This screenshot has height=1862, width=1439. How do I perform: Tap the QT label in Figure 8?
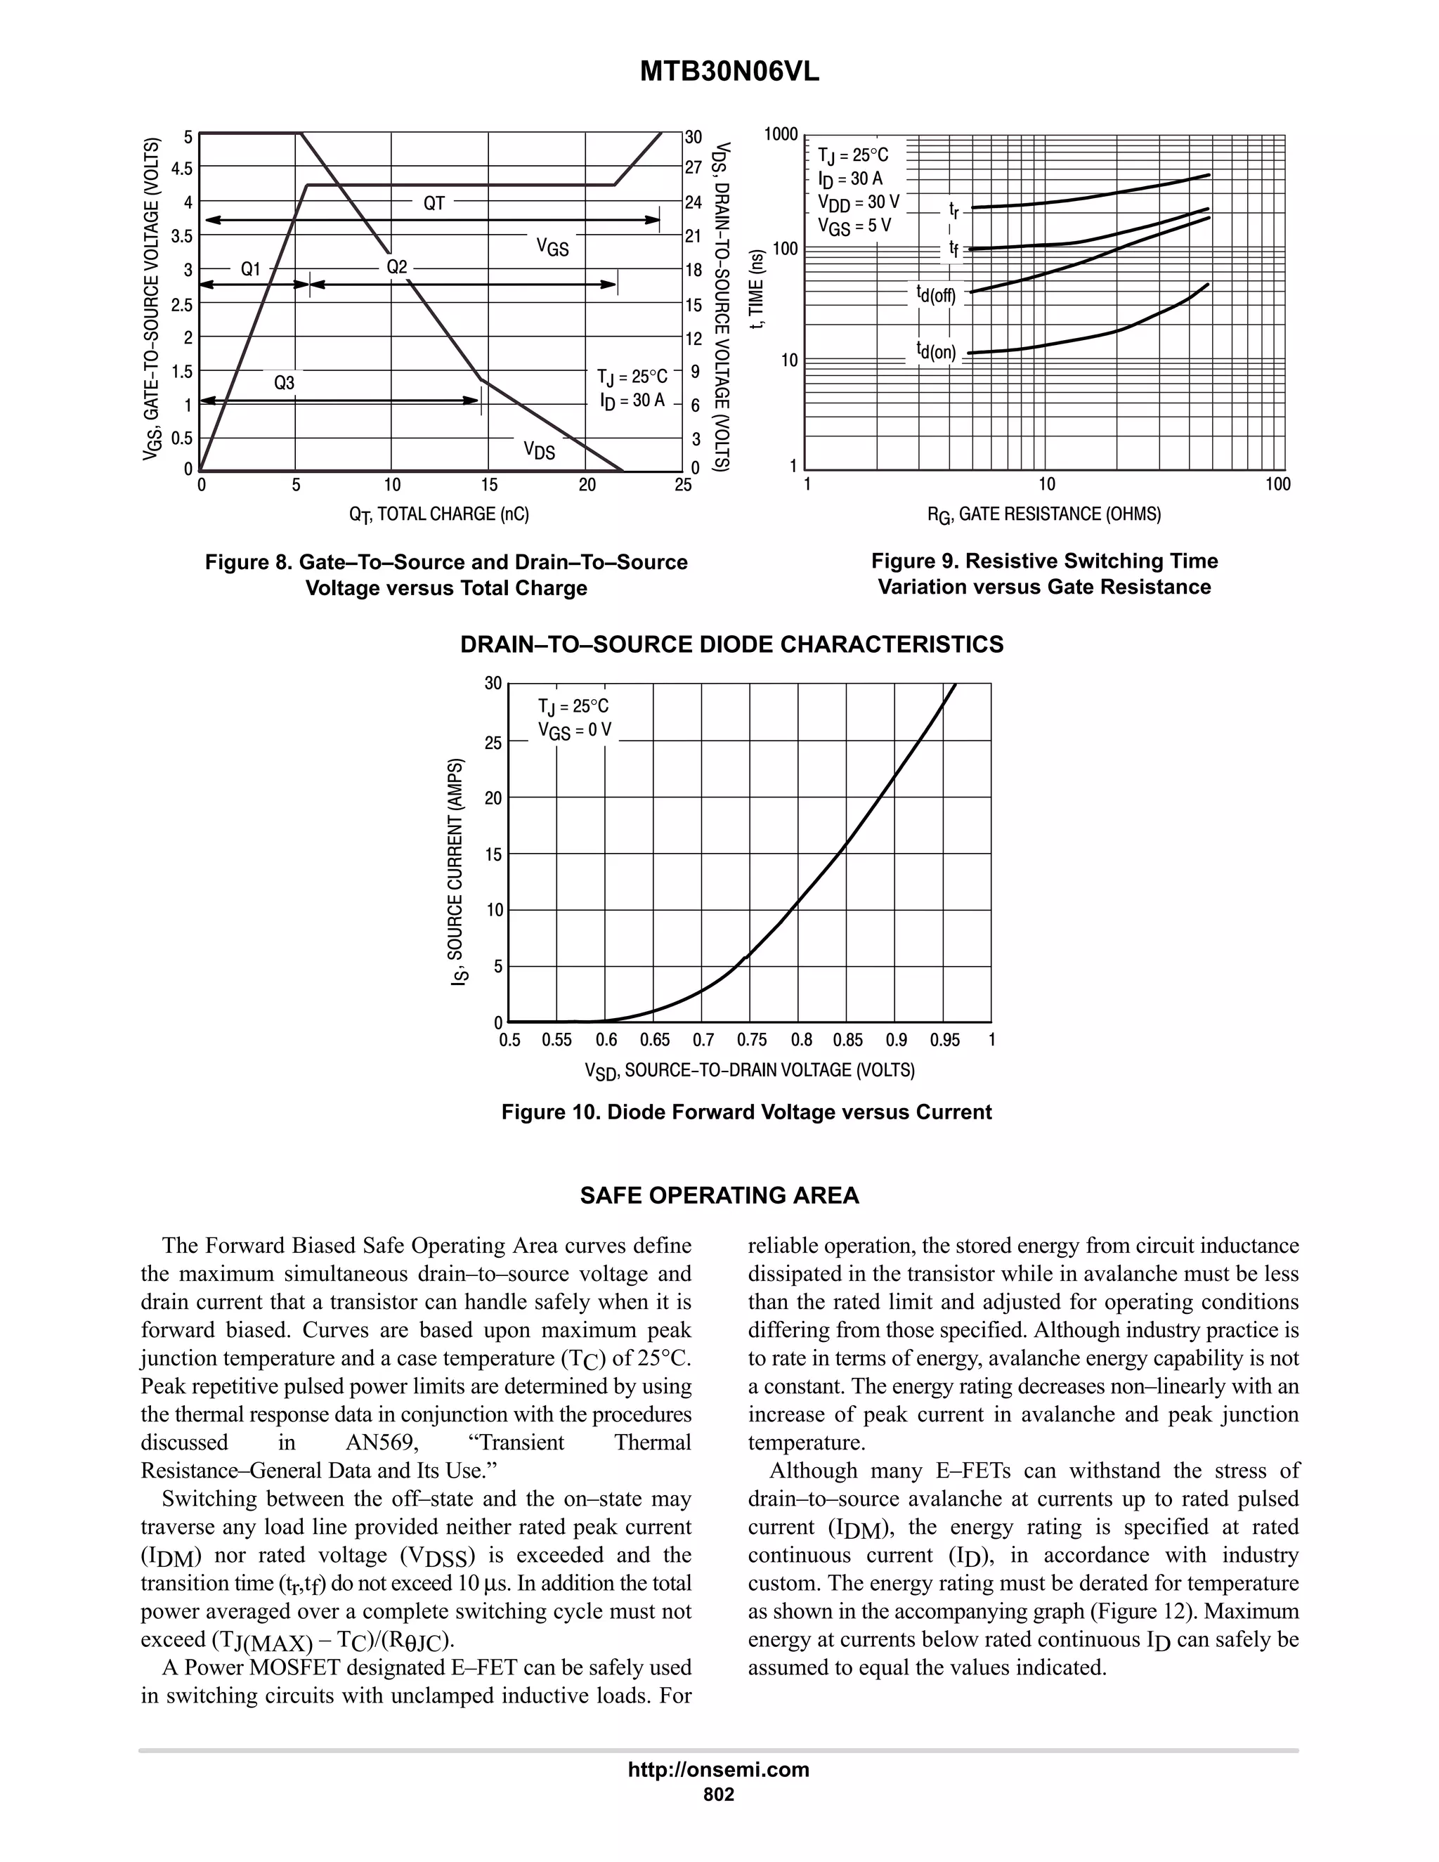pos(434,203)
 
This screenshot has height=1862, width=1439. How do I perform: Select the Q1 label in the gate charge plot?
pos(251,269)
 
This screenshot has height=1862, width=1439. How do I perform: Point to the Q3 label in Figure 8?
pos(284,384)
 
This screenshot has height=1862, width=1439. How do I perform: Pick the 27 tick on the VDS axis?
pos(693,169)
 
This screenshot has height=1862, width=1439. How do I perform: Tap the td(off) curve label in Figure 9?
pos(936,296)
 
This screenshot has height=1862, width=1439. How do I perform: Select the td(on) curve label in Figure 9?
pos(936,351)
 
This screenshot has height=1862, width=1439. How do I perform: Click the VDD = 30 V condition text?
pos(858,202)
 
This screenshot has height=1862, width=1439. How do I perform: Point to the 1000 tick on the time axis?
pos(781,135)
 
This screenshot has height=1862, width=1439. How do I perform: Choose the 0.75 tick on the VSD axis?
pos(751,1040)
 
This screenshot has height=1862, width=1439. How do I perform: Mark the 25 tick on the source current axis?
pos(493,743)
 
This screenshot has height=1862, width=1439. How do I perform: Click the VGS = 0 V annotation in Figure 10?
pos(575,731)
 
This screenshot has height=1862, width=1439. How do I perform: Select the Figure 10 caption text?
pos(746,1112)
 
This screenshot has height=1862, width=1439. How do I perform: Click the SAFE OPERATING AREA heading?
pos(719,1195)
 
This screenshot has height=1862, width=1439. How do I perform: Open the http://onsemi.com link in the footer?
pos(719,1769)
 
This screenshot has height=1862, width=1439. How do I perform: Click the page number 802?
pos(719,1794)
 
